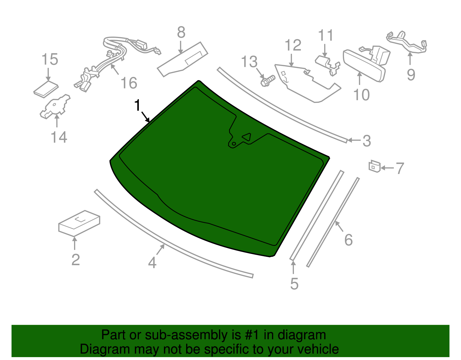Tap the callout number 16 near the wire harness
coord(129,83)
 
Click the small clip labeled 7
coord(375,166)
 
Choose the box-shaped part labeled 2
coord(79,223)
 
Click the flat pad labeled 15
coord(46,89)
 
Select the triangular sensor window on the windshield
coord(247,137)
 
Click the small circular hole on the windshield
coord(234,144)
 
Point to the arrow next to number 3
coord(354,140)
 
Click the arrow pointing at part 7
coord(388,168)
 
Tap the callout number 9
coord(411,75)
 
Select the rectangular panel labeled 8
coord(182,59)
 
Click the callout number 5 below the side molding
coord(294,284)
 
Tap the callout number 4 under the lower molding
coord(152,262)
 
